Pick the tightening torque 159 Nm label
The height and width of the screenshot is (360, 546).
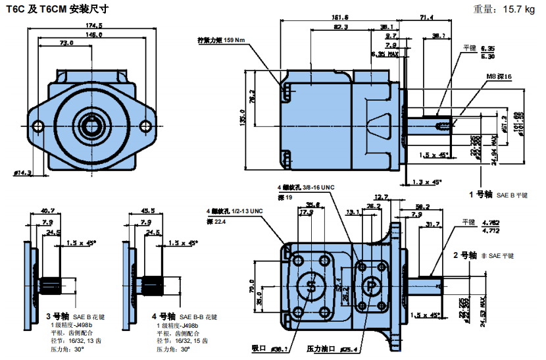221,40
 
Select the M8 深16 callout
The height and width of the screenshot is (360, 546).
499,77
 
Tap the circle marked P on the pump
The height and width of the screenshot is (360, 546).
371,287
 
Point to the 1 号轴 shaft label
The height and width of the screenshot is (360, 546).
481,194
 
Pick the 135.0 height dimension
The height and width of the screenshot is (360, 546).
243,120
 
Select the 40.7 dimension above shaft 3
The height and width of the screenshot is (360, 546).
47,211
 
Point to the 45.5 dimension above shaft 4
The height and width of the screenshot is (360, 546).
148,211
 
